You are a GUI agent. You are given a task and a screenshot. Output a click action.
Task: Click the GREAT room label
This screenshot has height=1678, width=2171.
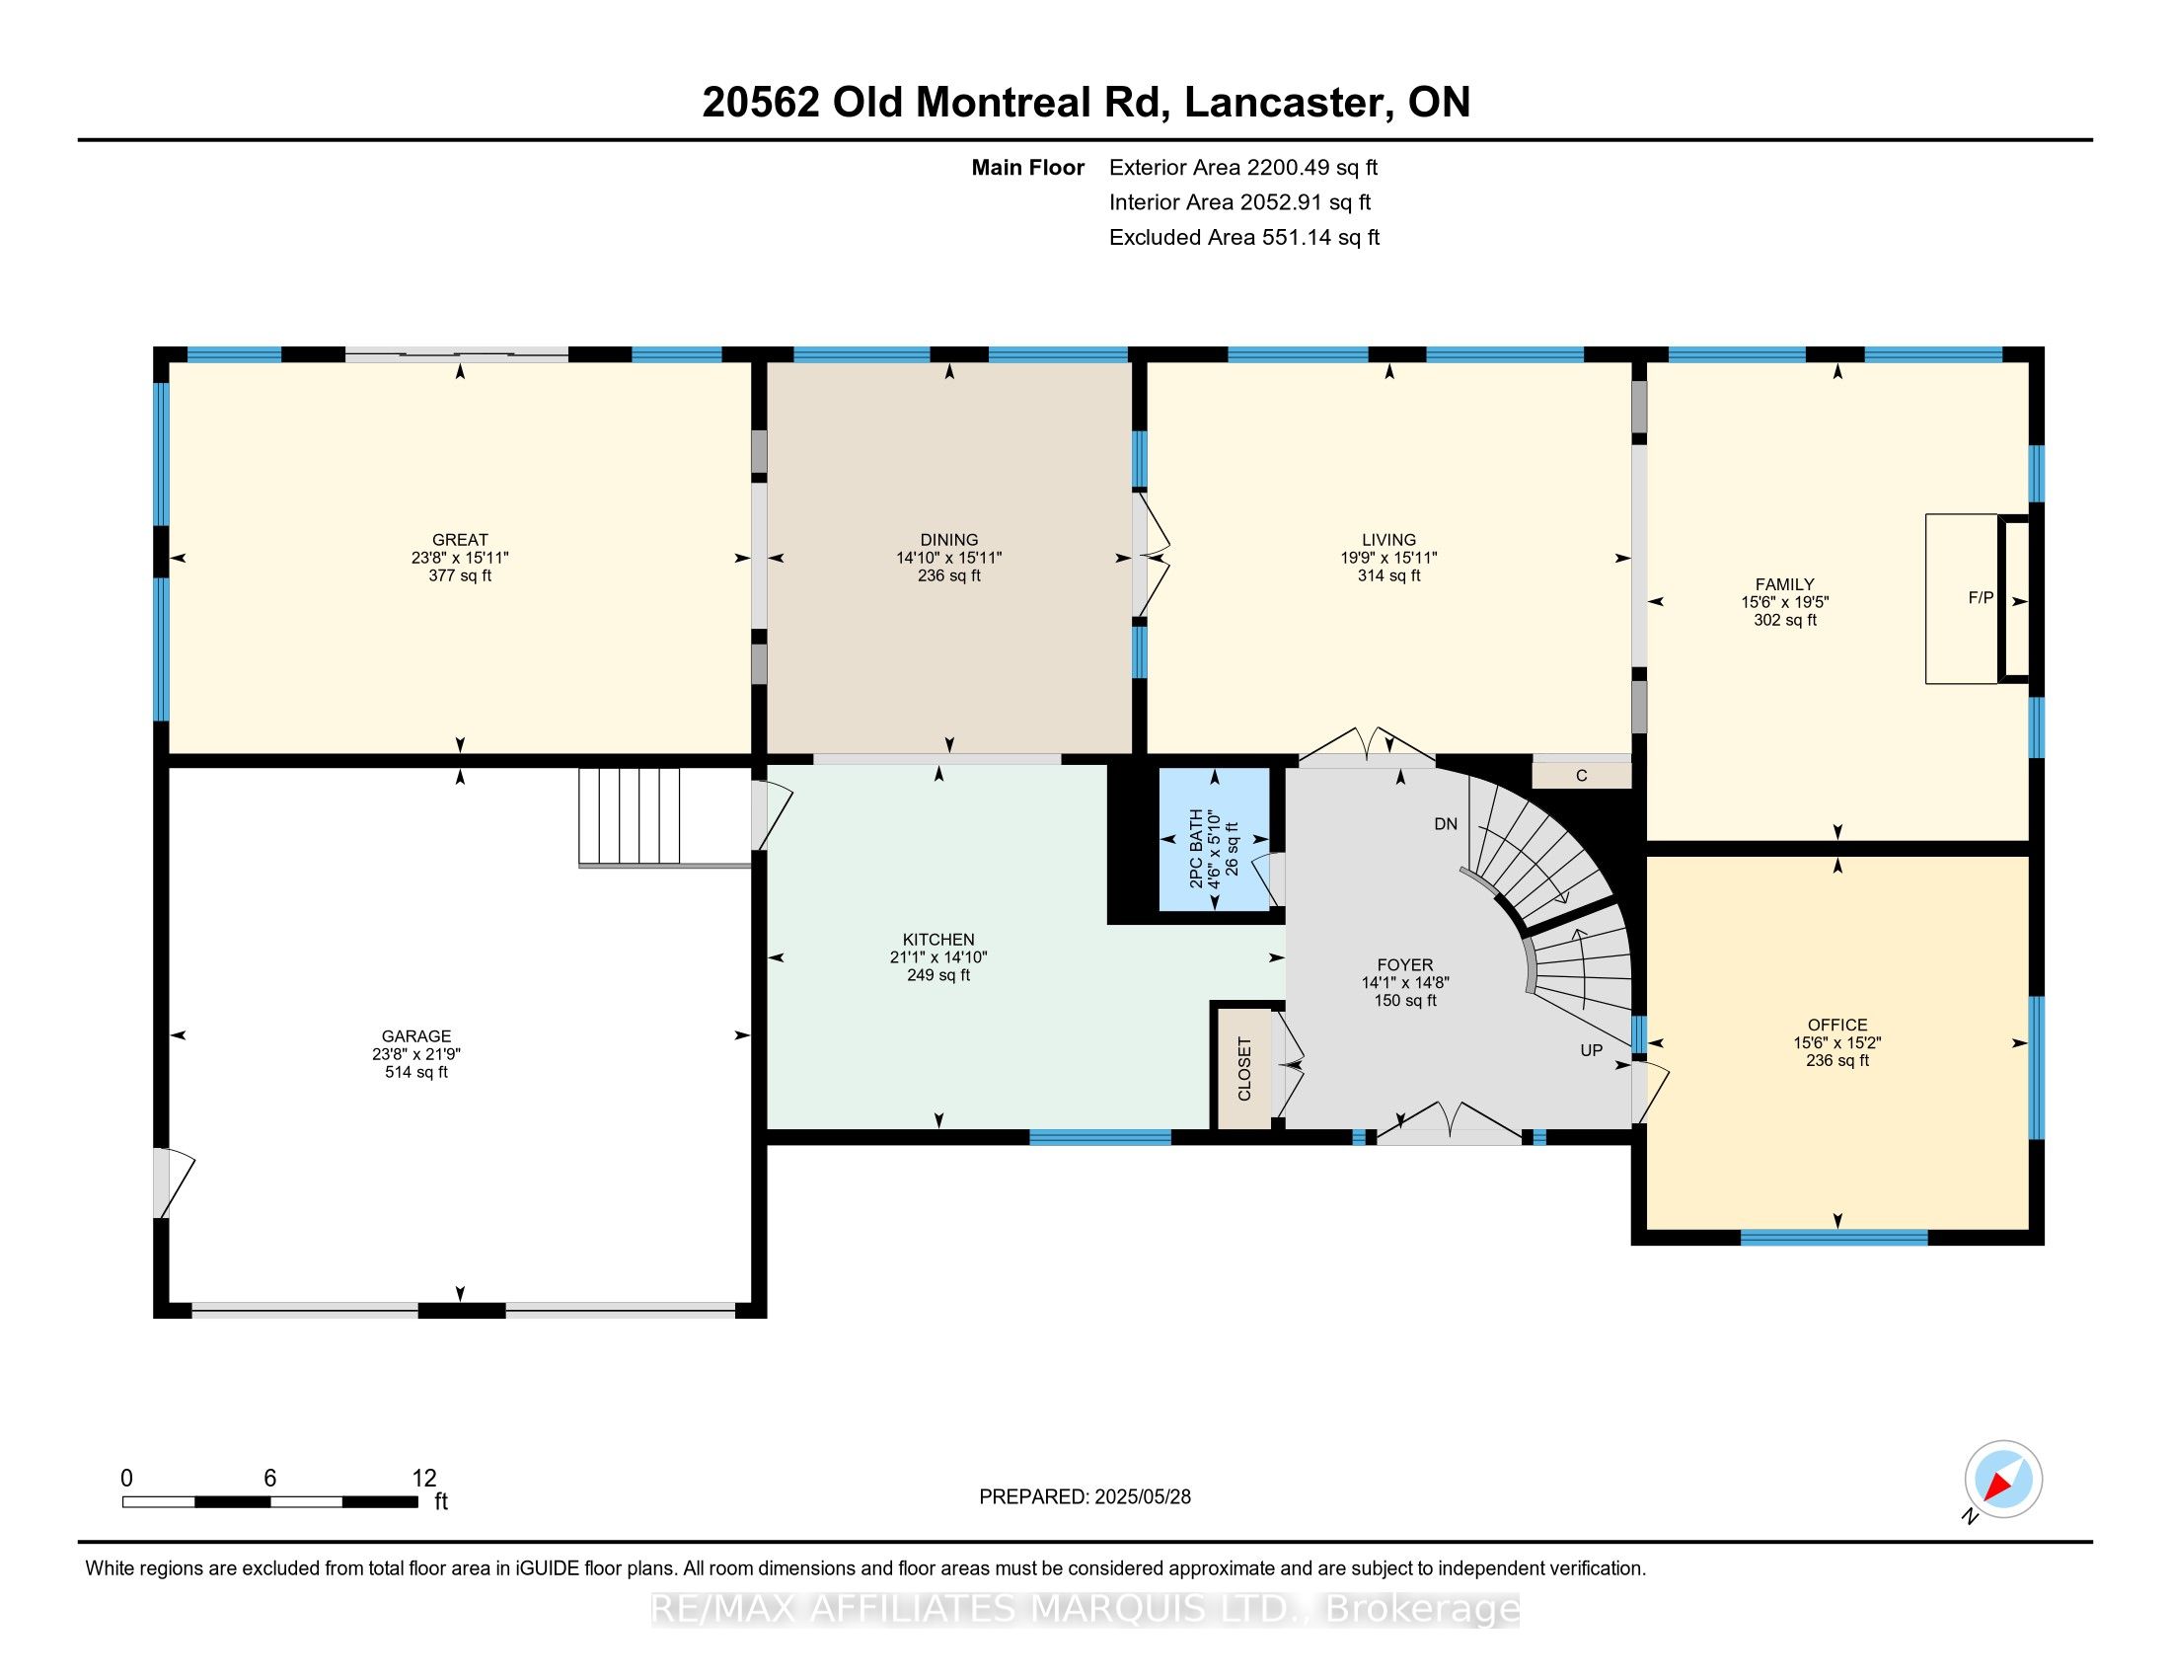[459, 541]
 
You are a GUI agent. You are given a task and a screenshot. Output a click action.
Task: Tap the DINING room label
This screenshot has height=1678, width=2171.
[949, 541]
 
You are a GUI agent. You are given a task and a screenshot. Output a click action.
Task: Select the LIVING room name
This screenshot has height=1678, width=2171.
[1388, 541]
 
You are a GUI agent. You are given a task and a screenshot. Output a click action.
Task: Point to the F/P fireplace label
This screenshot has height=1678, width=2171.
[1982, 597]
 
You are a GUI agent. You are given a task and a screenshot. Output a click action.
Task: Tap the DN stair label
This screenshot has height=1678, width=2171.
[1446, 824]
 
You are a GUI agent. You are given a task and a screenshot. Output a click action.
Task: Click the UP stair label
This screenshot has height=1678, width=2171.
[1592, 1051]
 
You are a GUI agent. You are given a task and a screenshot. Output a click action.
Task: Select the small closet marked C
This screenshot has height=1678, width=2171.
[1582, 776]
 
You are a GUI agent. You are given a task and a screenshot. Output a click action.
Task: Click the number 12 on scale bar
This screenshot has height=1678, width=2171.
[424, 1478]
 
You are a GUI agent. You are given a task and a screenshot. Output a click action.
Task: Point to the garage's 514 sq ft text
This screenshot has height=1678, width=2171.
[416, 1073]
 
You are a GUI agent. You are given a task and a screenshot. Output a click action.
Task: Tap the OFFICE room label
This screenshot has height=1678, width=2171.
[1837, 1025]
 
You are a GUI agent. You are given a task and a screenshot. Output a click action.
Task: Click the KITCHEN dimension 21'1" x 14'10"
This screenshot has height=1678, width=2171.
[938, 957]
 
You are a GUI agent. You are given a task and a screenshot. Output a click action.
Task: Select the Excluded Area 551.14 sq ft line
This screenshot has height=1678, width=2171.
[1244, 238]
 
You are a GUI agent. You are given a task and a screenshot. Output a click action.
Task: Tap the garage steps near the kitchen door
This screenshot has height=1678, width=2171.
[630, 816]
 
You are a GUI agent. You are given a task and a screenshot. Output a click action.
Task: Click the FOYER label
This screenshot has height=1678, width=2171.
[1404, 965]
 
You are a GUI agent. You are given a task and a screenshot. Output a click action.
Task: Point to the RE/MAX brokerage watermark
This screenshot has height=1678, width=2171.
[1085, 1609]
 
